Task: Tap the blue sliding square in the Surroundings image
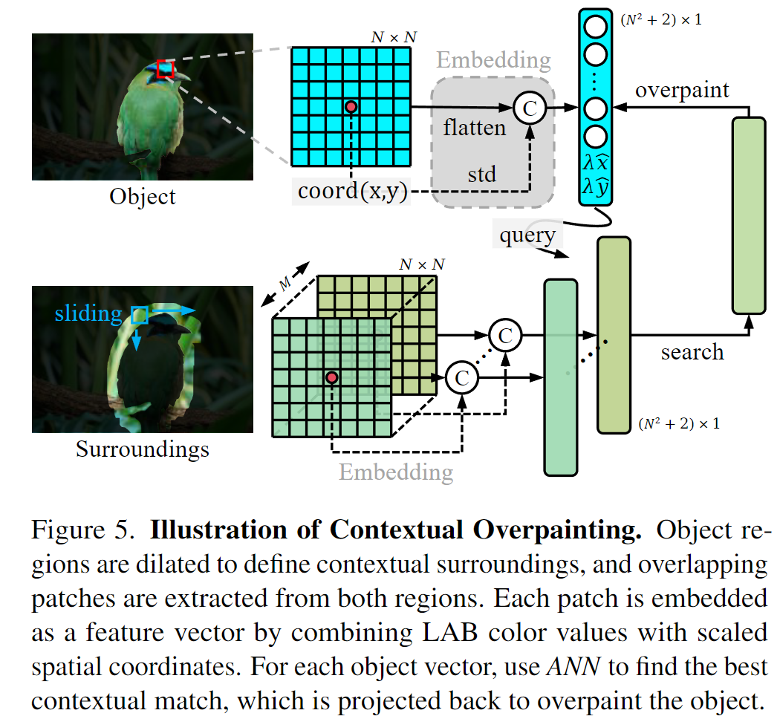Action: (139, 316)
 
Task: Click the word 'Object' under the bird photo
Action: (143, 197)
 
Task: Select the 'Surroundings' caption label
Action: (143, 449)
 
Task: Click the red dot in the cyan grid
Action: (351, 107)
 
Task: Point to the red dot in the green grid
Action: (332, 378)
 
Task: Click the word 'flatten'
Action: (474, 128)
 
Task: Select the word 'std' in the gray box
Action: (481, 175)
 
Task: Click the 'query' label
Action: (527, 235)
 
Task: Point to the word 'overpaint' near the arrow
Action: (682, 91)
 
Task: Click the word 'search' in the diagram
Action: (692, 351)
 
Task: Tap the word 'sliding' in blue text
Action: (88, 313)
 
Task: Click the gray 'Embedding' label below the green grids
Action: (395, 472)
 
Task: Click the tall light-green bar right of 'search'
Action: (748, 215)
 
